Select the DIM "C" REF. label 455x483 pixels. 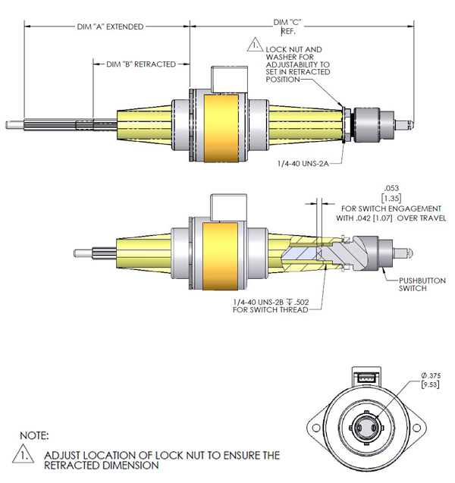287,27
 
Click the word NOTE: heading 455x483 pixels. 35,436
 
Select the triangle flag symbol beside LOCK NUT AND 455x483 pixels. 253,47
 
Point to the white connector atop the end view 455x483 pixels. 366,377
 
